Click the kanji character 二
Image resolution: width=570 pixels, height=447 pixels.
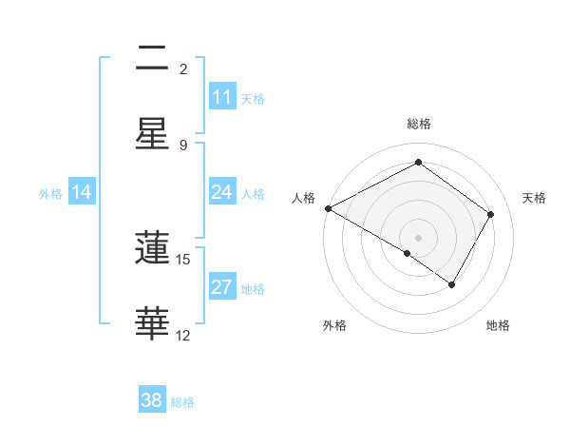tap(152, 58)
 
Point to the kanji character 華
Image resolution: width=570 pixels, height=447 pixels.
tap(152, 322)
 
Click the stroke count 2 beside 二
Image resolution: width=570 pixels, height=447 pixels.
tap(183, 69)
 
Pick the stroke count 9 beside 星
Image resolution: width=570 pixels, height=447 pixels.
tap(183, 145)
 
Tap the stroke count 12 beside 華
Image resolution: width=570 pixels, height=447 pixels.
tap(183, 335)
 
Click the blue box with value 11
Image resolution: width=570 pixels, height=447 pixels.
tap(222, 97)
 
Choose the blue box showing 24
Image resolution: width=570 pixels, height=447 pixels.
tap(222, 192)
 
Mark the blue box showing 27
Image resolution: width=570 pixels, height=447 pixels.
tap(222, 287)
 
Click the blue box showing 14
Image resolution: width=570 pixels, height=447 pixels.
tap(82, 192)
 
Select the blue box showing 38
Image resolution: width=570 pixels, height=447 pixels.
tap(152, 401)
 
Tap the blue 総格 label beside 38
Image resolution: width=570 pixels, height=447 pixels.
tap(182, 402)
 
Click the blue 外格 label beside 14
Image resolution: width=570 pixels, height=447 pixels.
tap(50, 193)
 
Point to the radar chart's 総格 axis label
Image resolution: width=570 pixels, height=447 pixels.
tap(418, 124)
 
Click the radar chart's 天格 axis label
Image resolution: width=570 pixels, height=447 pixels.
tap(534, 198)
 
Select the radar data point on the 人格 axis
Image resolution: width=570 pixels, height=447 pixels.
tap(328, 208)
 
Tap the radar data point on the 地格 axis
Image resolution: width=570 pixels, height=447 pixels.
tap(452, 284)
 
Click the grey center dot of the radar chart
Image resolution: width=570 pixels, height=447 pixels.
tap(418, 237)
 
